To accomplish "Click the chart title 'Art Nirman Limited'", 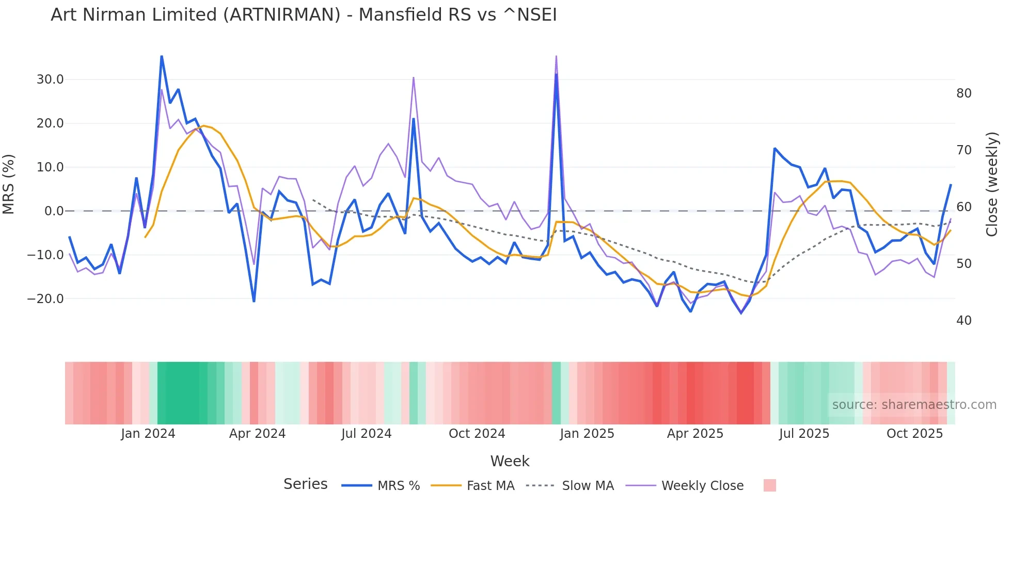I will click(x=304, y=15).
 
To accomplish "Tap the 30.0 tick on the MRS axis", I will click(x=50, y=80).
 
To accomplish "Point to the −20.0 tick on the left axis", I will click(x=45, y=299).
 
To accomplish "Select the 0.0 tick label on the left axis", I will click(x=54, y=211).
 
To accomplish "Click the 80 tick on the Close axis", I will click(x=964, y=93).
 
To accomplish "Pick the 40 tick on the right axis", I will click(x=964, y=321).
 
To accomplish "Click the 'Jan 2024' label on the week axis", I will click(x=148, y=434).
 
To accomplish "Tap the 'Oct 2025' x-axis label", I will click(x=914, y=434).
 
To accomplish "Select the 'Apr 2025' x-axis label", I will click(x=695, y=434).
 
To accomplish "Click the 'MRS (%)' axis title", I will click(x=9, y=184).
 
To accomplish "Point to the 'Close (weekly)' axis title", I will click(x=992, y=184).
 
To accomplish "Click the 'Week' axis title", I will click(x=510, y=461).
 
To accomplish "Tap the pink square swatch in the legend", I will click(x=769, y=486).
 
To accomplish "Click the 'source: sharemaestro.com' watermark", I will click(x=914, y=405).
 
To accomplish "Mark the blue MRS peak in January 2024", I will click(x=162, y=56).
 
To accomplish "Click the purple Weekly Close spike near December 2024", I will click(x=556, y=56).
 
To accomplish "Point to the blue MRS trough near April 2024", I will click(x=254, y=301).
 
